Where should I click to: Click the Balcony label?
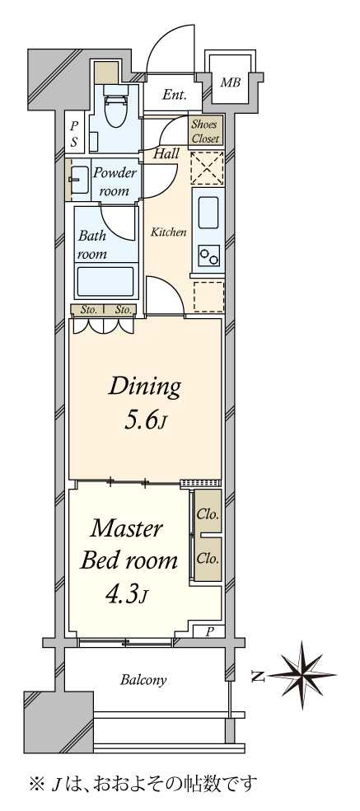(x=143, y=680)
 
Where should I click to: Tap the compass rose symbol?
(x=302, y=675)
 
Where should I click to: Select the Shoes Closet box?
(x=206, y=131)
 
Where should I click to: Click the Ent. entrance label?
(x=174, y=95)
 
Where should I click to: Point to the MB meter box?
(x=231, y=82)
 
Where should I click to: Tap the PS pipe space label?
(x=74, y=134)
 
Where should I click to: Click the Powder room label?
(x=115, y=181)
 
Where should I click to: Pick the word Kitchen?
(x=169, y=232)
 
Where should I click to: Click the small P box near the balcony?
(x=209, y=631)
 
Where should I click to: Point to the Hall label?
(x=166, y=153)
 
